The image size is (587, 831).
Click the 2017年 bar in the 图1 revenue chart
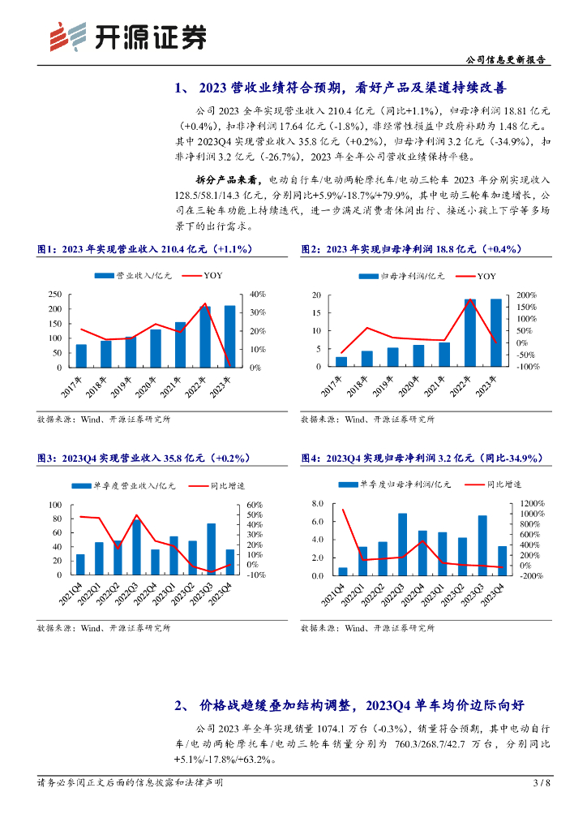[81, 355]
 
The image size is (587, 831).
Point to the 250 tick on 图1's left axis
[54, 294]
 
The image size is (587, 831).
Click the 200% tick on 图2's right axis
[526, 294]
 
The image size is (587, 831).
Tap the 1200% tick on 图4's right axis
[530, 503]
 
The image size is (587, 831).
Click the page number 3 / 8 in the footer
[541, 783]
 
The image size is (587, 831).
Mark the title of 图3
[143, 458]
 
